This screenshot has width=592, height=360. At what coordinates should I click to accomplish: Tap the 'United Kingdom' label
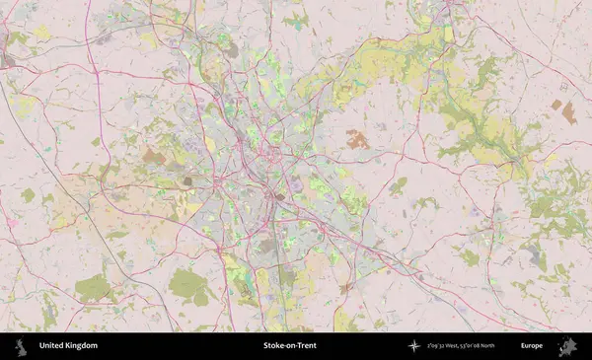(68, 346)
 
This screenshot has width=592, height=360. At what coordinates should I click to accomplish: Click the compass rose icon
(413, 346)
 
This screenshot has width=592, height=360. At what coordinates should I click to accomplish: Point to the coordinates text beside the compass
(460, 346)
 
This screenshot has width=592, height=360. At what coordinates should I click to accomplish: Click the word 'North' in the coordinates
(483, 346)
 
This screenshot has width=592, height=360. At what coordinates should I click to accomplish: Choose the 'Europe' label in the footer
(532, 346)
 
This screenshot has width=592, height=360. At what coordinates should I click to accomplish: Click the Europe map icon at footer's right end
(567, 346)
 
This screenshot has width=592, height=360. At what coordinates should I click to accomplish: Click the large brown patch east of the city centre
(356, 140)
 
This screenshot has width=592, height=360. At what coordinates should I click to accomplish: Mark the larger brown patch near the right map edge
(568, 112)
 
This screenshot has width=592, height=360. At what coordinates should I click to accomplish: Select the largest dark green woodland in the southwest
(187, 286)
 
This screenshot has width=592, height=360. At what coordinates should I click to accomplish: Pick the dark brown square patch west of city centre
(186, 180)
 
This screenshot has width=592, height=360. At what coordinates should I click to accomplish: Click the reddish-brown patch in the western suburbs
(154, 156)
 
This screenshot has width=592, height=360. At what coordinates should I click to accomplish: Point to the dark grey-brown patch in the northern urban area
(229, 47)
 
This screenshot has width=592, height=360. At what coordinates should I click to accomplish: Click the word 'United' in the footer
(52, 346)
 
